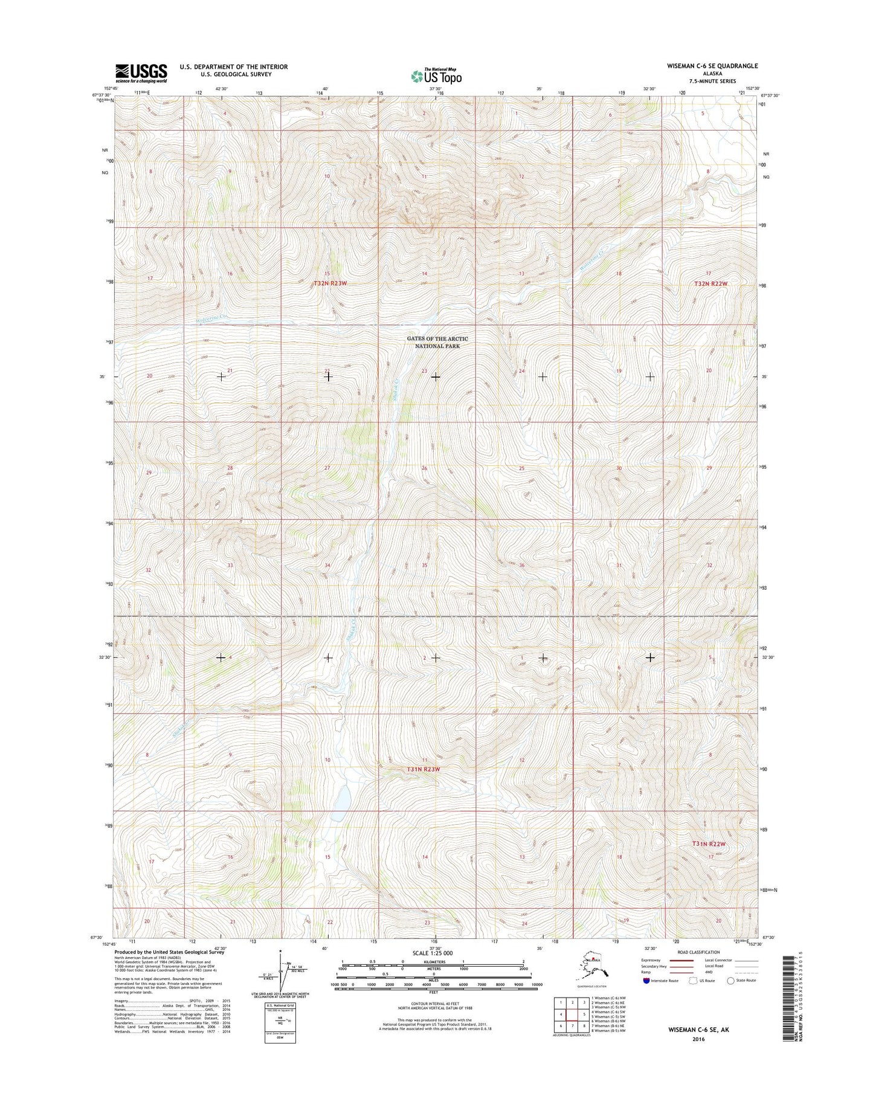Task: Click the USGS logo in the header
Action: click(141, 73)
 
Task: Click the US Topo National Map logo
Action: click(436, 76)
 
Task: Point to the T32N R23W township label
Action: click(330, 283)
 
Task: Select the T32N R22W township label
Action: click(711, 283)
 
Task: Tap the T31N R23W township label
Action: click(423, 769)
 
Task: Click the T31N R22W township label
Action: click(708, 844)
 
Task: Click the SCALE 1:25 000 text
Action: click(432, 953)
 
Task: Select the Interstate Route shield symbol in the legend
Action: click(646, 981)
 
